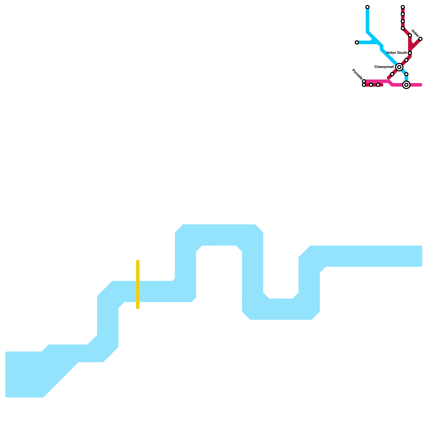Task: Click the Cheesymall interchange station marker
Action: (399, 67)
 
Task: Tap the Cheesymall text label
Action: (384, 67)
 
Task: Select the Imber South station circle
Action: (410, 53)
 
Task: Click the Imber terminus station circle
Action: (420, 39)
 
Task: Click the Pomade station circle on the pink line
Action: (364, 81)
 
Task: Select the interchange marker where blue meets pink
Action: (406, 85)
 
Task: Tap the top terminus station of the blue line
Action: (367, 7)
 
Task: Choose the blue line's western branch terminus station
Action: (357, 42)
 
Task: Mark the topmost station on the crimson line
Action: (403, 7)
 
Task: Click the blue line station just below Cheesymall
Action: (406, 74)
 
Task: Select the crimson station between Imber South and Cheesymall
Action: (406, 60)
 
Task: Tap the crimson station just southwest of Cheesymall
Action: (392, 74)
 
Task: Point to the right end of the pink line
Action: (421, 85)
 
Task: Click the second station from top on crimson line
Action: (403, 14)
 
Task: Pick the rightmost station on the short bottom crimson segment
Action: (378, 85)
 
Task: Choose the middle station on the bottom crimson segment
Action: (371, 85)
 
